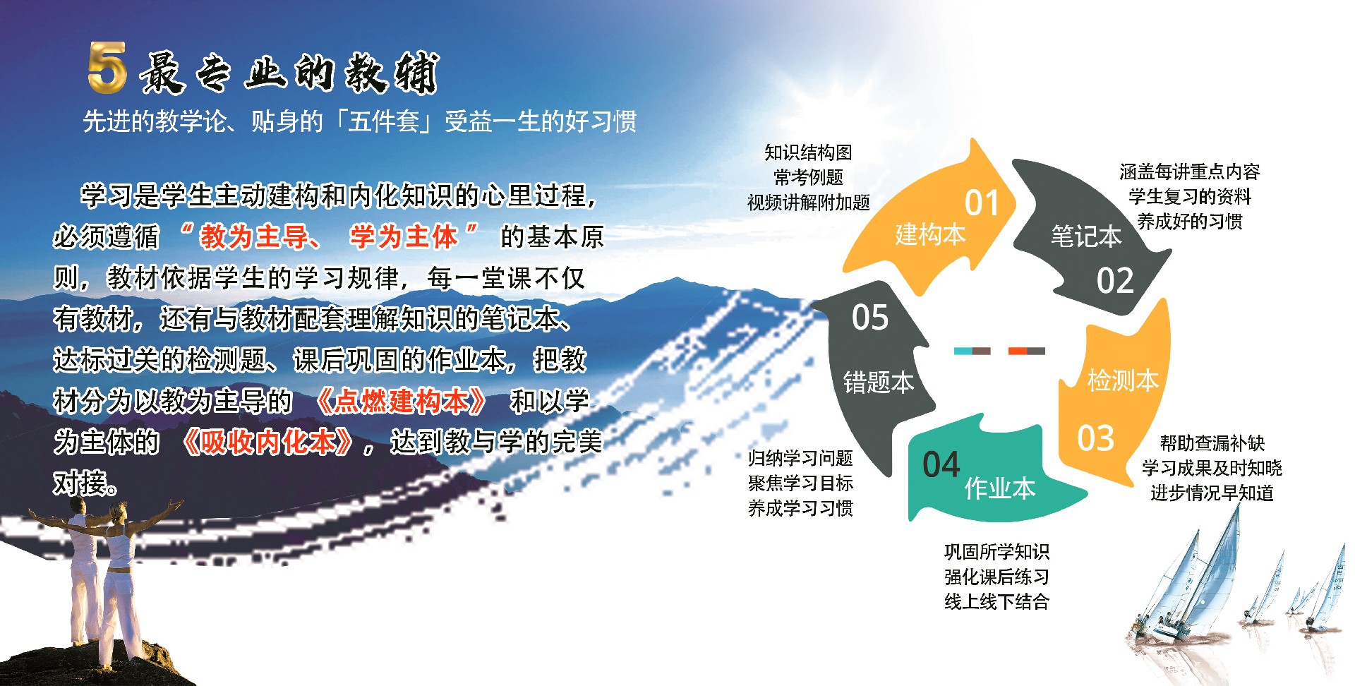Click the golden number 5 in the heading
pyautogui.click(x=108, y=67)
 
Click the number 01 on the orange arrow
pyautogui.click(x=982, y=203)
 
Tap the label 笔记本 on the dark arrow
pyautogui.click(x=1086, y=236)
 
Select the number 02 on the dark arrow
pyautogui.click(x=1115, y=280)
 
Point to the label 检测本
pyautogui.click(x=1123, y=380)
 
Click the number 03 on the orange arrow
pyautogui.click(x=1095, y=438)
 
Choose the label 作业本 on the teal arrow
pyautogui.click(x=1000, y=488)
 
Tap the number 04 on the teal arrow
pyautogui.click(x=941, y=464)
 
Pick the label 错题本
pyautogui.click(x=879, y=382)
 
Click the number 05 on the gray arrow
pyautogui.click(x=870, y=317)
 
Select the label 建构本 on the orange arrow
pyautogui.click(x=930, y=234)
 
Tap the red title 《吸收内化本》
pyautogui.click(x=267, y=442)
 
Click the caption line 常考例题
pyautogui.click(x=808, y=177)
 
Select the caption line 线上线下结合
pyautogui.click(x=996, y=601)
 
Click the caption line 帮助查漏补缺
pyautogui.click(x=1212, y=443)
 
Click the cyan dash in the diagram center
pyautogui.click(x=963, y=351)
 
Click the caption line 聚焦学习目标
pyautogui.click(x=800, y=483)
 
